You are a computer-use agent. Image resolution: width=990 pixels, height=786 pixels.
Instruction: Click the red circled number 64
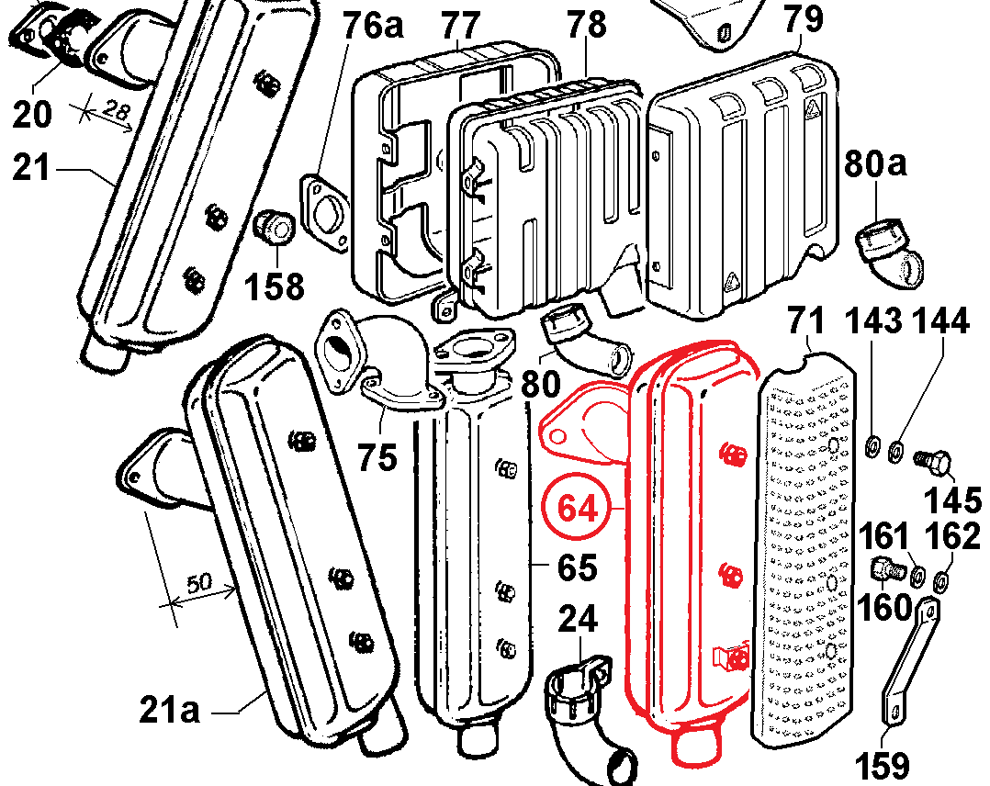(x=578, y=508)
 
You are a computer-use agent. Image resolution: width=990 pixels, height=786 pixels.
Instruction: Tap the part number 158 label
(x=274, y=286)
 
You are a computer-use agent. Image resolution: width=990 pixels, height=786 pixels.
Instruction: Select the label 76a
(x=374, y=25)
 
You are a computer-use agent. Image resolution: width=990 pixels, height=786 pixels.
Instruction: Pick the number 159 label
(x=883, y=764)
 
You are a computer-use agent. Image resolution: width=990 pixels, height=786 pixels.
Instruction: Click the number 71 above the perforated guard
(x=809, y=322)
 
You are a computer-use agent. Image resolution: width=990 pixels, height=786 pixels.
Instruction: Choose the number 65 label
(x=578, y=567)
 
